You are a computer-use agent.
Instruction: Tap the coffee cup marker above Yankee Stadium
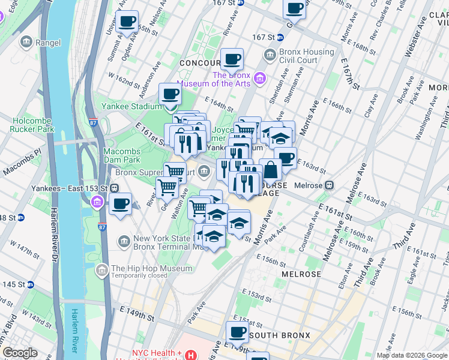170,95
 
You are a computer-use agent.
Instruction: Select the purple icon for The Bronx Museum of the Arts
260,78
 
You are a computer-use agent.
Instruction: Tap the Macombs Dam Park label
121,156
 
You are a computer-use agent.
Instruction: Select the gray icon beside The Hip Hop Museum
101,272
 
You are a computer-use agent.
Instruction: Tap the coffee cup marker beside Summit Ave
127,22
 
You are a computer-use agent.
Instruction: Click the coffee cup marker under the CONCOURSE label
232,60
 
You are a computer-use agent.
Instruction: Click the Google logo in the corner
20,353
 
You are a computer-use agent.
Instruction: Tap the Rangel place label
48,42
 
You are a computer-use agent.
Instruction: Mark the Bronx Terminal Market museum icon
124,242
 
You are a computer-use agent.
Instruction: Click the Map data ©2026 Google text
411,355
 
